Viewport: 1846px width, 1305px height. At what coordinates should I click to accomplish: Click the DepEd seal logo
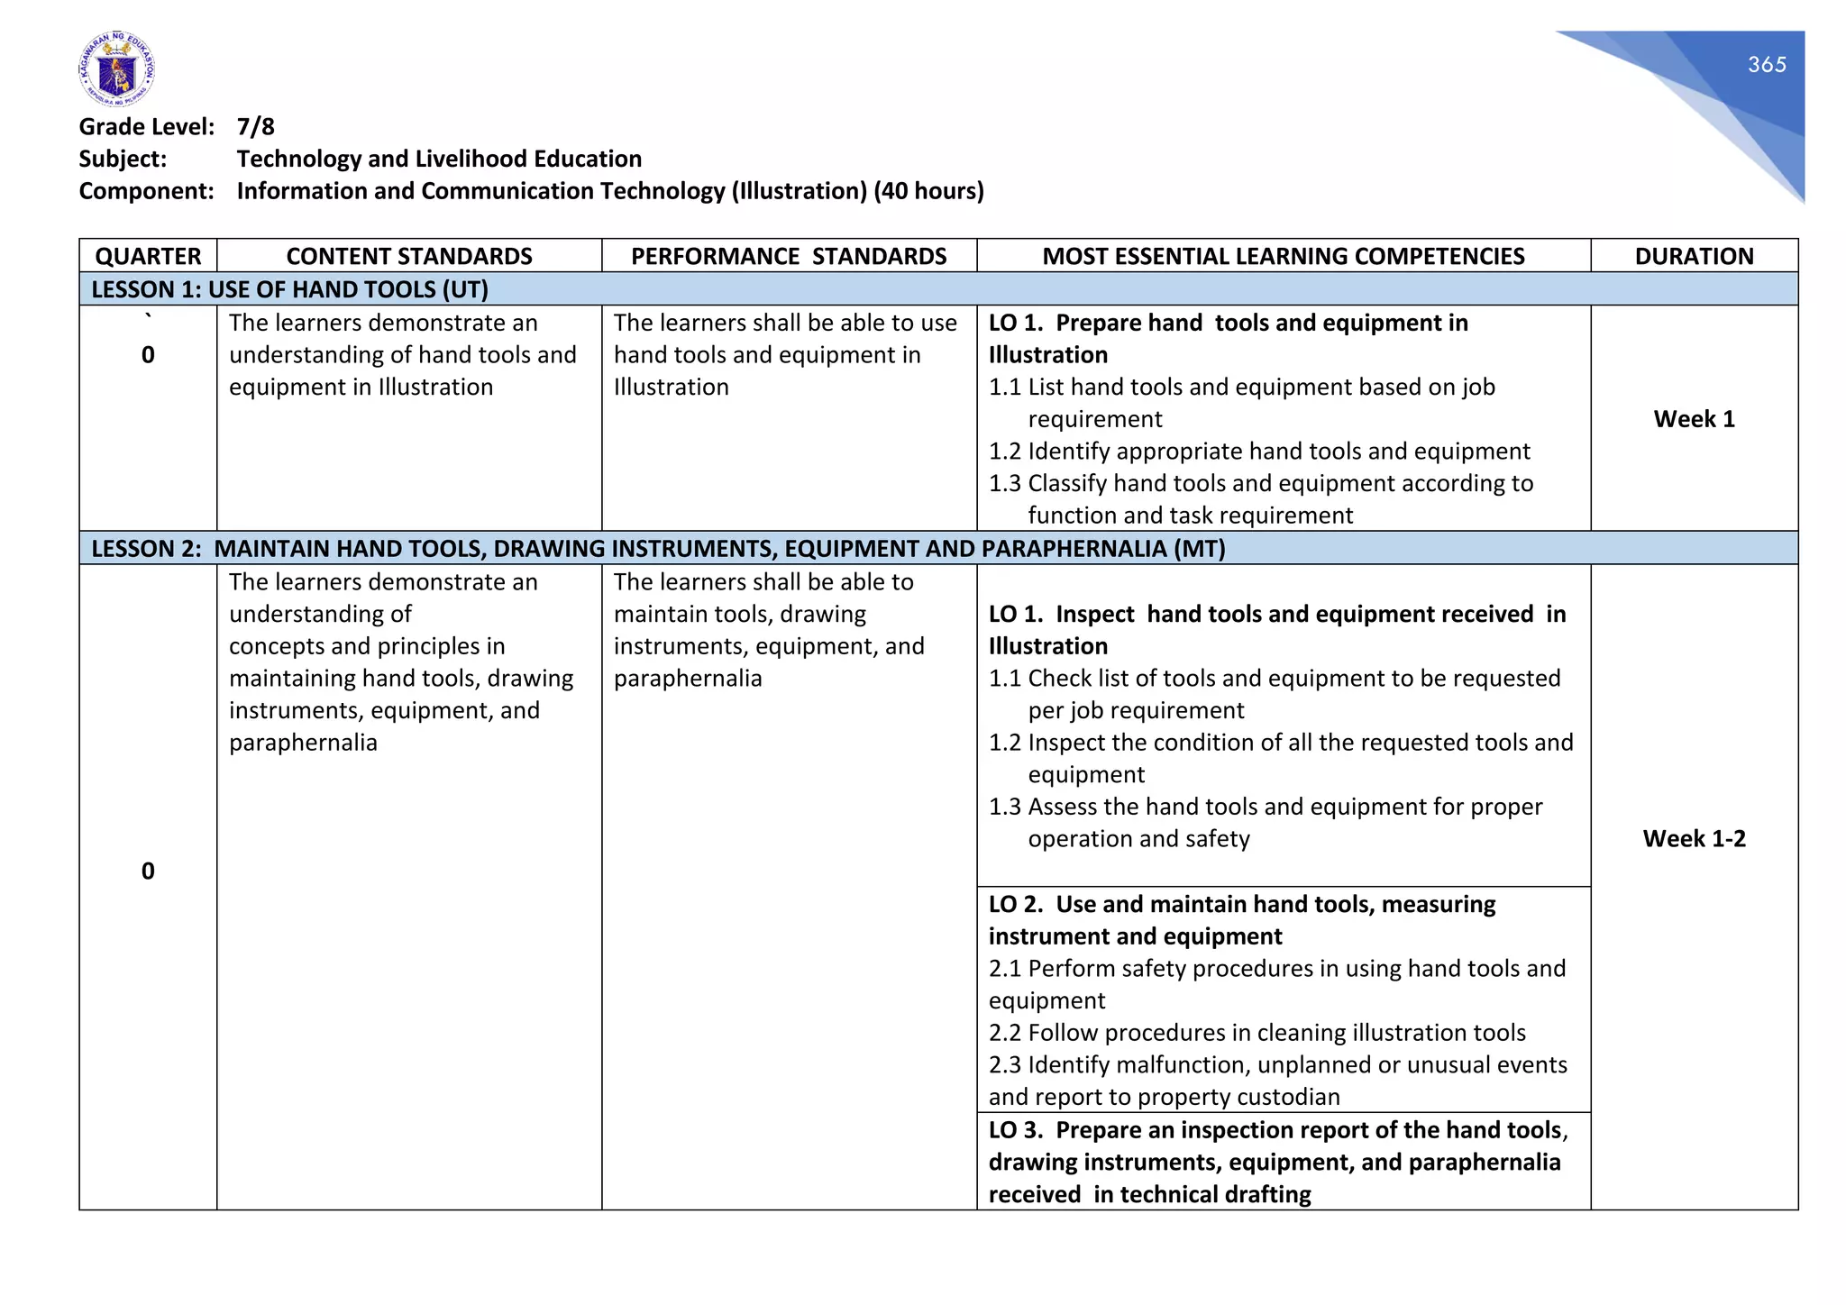[116, 69]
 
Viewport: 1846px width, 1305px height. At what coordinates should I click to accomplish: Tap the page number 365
[1766, 65]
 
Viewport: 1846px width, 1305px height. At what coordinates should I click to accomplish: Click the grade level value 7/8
[255, 127]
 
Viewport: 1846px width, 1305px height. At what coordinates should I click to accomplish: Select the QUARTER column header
[148, 256]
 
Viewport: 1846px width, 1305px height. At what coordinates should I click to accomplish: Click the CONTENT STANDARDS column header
[408, 256]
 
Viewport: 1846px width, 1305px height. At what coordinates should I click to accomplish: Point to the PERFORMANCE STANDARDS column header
[788, 256]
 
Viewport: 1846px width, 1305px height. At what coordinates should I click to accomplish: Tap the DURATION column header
[1693, 256]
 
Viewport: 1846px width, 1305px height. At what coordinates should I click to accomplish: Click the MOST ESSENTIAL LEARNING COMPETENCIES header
[1283, 256]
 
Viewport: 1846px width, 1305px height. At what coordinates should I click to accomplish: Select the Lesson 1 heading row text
[289, 289]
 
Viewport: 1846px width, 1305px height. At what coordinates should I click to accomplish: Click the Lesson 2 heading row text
[658, 549]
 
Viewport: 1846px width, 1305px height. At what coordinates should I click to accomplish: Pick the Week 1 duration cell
[1693, 419]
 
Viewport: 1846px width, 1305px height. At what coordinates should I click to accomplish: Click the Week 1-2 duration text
[1693, 839]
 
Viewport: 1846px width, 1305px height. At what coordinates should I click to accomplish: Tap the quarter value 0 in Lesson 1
[148, 355]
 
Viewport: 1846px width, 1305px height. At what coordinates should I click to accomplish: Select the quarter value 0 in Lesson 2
[148, 871]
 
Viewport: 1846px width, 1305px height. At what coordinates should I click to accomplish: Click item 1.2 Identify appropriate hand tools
[1258, 452]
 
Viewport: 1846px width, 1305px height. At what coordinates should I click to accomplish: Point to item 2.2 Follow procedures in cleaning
[1257, 1033]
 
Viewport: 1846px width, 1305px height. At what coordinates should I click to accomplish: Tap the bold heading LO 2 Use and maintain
[1241, 920]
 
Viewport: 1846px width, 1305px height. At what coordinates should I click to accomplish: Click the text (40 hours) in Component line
[928, 191]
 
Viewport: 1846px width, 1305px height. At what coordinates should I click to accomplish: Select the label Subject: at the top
[123, 160]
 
